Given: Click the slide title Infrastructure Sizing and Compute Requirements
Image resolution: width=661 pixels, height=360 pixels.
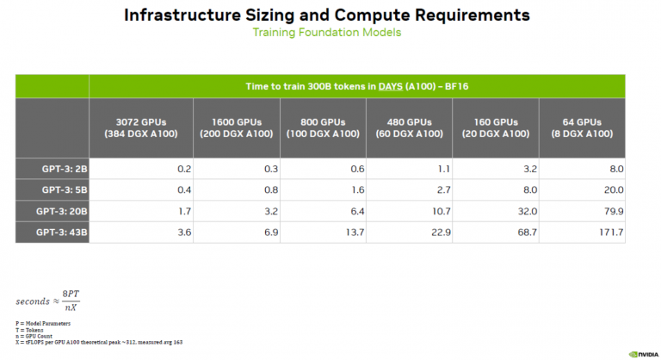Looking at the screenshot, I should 327,15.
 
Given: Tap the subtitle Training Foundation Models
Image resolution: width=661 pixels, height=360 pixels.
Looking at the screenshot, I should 326,33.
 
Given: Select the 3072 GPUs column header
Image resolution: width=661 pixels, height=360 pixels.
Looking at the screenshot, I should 141,127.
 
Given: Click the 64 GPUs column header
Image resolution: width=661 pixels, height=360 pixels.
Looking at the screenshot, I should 582,127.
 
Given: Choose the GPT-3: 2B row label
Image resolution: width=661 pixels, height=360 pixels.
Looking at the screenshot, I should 53,170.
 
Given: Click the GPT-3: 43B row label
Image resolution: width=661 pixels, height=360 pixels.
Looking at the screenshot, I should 53,233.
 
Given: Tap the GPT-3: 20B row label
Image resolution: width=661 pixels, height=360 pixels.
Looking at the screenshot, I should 53,212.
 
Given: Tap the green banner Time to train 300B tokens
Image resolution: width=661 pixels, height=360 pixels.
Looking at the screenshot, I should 357,86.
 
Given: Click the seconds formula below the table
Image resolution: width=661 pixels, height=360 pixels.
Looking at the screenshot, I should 47,301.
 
